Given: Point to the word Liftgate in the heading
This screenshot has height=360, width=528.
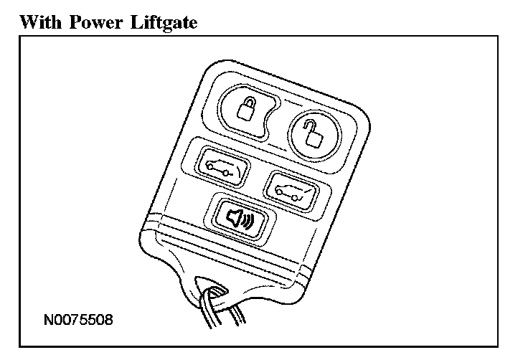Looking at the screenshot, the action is pos(164,22).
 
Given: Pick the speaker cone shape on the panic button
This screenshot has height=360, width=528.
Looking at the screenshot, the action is pos(234,218).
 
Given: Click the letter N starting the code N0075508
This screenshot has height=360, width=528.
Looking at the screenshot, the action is pos(47,316).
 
